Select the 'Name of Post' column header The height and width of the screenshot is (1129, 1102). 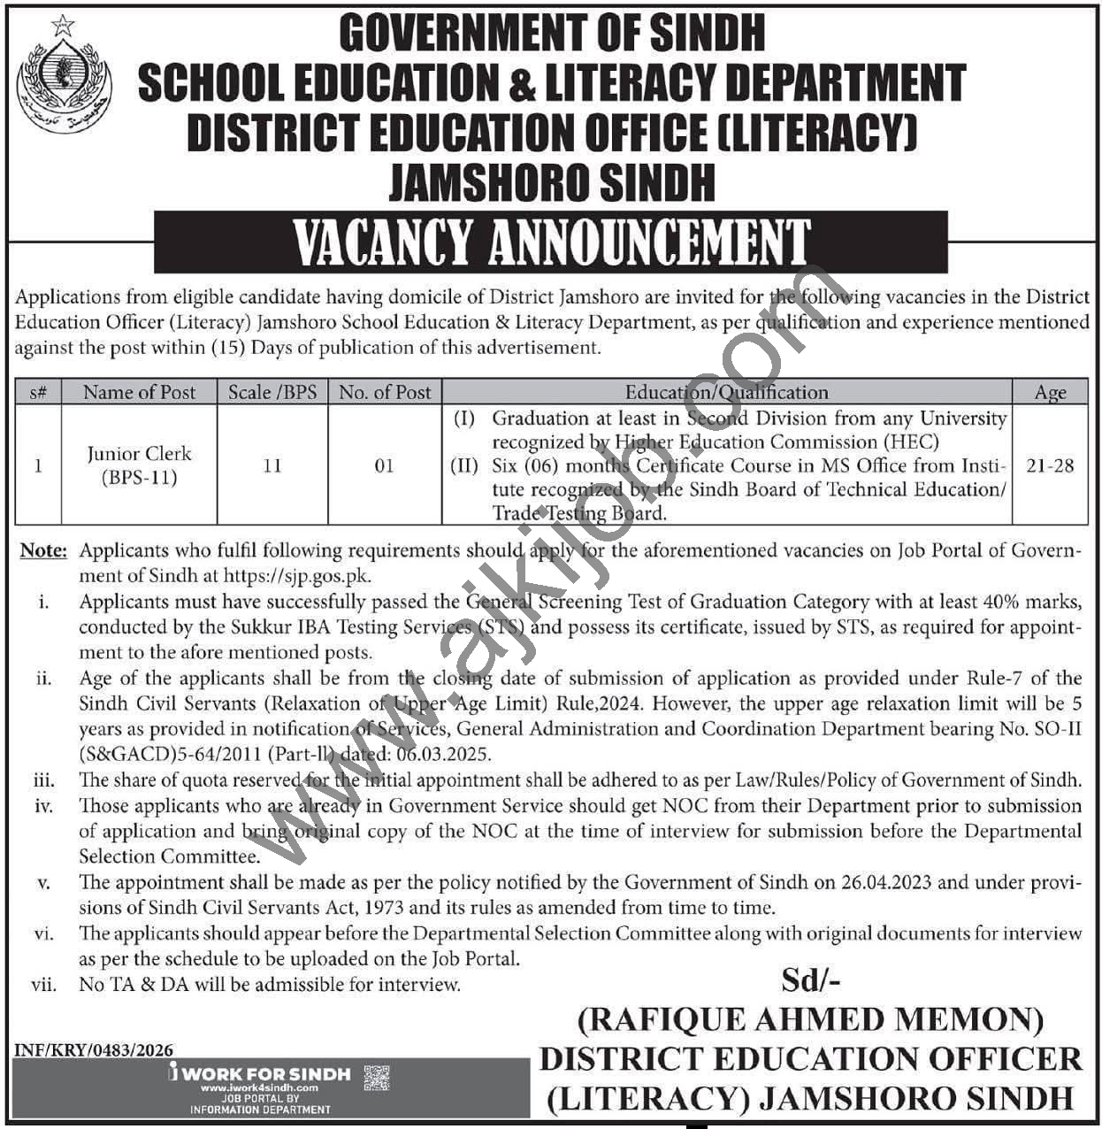(139, 392)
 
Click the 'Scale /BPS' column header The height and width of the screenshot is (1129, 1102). (272, 392)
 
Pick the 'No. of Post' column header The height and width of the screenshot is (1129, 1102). (385, 392)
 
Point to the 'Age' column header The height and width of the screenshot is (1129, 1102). (1050, 393)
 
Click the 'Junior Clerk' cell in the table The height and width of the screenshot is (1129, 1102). (139, 465)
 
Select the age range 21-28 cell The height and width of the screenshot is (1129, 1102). (1050, 465)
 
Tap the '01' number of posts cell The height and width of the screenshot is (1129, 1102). (384, 465)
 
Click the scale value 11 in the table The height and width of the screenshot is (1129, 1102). (272, 465)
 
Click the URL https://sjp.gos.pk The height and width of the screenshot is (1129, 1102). (297, 575)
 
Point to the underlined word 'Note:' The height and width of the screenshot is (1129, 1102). (43, 550)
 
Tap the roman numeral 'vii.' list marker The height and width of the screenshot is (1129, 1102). (43, 984)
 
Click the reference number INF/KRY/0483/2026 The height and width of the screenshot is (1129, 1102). (94, 1050)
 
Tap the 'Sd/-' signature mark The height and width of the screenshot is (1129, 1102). (810, 979)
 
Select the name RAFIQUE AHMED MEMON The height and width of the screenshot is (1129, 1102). (810, 1019)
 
